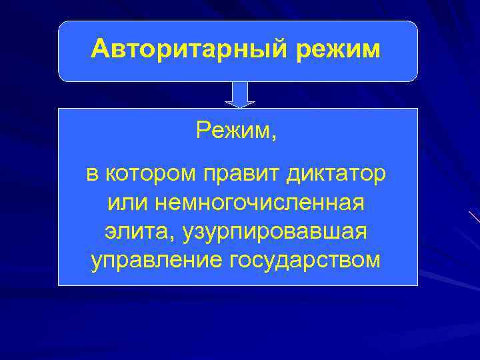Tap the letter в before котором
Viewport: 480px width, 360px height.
click(91, 176)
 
